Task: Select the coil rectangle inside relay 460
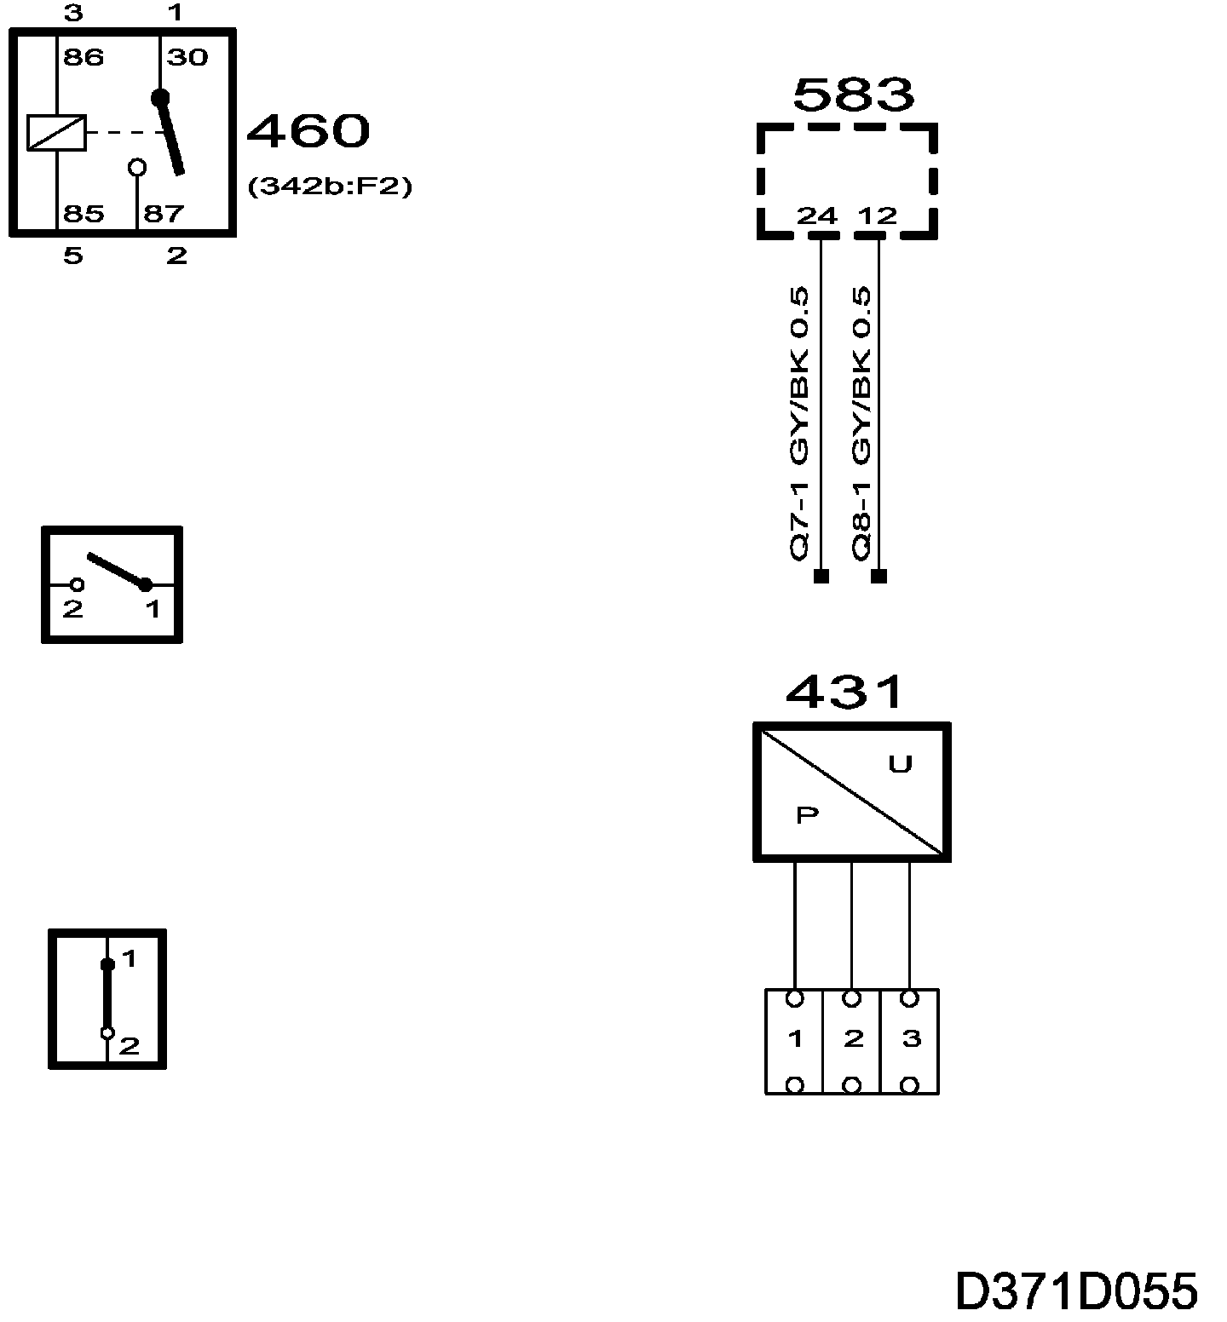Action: (56, 133)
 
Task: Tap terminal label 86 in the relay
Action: (84, 58)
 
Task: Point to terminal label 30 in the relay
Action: (187, 58)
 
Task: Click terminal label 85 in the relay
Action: (84, 213)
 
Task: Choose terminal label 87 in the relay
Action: (164, 213)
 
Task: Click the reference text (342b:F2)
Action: (330, 187)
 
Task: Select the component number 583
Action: (853, 95)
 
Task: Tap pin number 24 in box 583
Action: (817, 216)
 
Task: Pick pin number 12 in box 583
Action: (878, 216)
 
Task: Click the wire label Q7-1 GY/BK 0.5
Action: (799, 423)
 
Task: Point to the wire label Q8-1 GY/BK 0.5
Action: (861, 423)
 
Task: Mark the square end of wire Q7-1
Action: (821, 577)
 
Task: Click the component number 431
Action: (844, 693)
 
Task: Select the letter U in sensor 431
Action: (901, 765)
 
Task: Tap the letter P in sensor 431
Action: (807, 816)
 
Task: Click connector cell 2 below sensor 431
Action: (852, 1040)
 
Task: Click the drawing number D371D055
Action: (1076, 1291)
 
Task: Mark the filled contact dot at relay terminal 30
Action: (160, 97)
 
